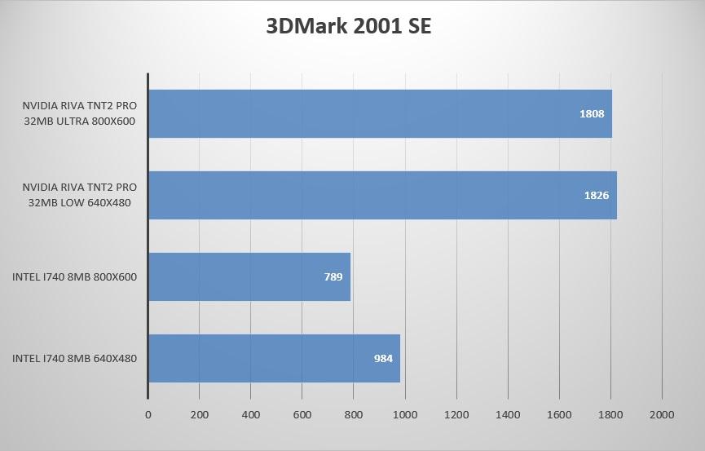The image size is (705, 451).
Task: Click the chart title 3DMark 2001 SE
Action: pos(348,26)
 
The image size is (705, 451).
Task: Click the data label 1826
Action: pos(597,196)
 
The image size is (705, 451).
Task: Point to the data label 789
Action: pos(333,277)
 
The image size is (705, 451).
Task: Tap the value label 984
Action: pos(383,359)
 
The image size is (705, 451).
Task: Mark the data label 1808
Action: pos(592,114)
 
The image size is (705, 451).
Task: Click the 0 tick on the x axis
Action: pos(148,414)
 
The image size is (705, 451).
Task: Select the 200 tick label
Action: pos(199,414)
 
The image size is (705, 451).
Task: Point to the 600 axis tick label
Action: pos(302,414)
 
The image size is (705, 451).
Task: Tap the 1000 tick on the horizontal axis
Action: pos(405,414)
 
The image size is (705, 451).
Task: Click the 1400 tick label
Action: pos(508,414)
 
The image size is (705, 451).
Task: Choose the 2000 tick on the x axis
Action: pos(662,414)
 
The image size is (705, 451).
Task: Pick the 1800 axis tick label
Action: pos(610,414)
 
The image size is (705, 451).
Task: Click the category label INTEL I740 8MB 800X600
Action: pos(74,276)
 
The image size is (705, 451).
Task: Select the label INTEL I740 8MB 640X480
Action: pos(74,358)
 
